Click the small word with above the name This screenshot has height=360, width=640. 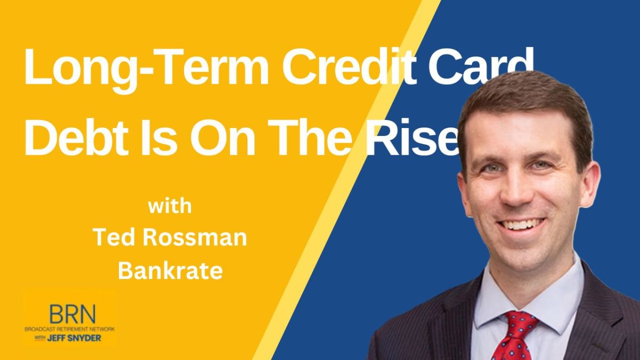pyautogui.click(x=170, y=206)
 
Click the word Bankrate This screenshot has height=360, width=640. pyautogui.click(x=170, y=271)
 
